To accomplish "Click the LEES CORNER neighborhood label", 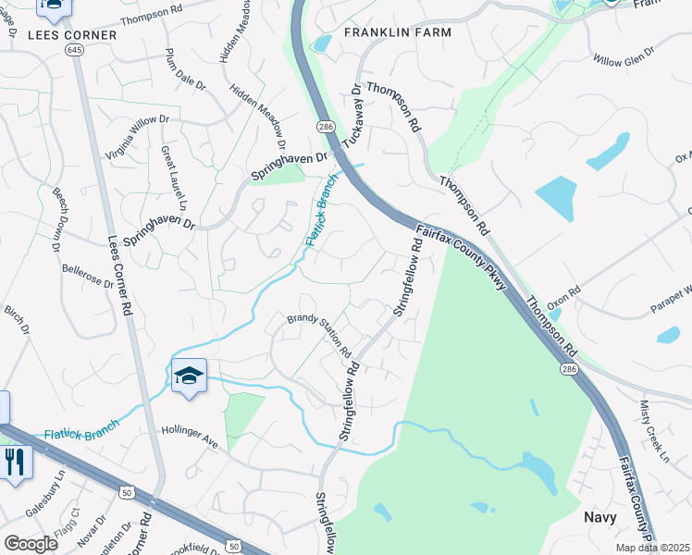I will pyautogui.click(x=73, y=35).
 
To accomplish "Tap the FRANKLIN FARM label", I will pyautogui.click(x=398, y=32).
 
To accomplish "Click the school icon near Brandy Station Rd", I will pyautogui.click(x=190, y=376).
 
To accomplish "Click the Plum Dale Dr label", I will pyautogui.click(x=185, y=68).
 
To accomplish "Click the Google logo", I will pyautogui.click(x=31, y=543).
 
